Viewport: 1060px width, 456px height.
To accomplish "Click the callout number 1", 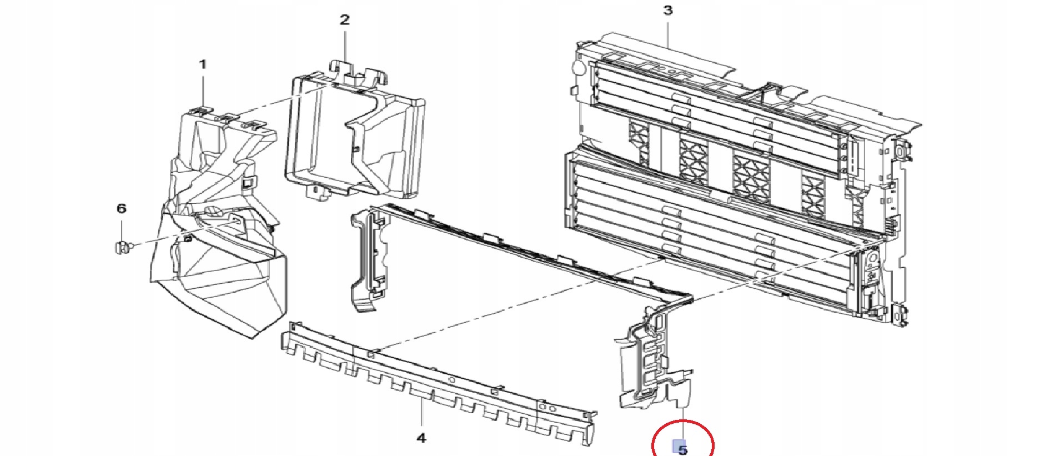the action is [203, 64].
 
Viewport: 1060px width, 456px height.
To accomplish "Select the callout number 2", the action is [345, 20].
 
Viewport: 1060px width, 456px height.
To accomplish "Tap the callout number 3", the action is [668, 10].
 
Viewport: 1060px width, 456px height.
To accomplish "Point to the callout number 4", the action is [421, 438].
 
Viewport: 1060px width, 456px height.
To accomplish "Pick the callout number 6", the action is [122, 208].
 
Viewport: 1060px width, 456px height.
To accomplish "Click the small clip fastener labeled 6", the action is [123, 247].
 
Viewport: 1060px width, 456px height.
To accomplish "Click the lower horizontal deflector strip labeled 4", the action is [439, 383].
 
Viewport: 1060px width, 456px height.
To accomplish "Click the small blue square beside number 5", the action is [677, 446].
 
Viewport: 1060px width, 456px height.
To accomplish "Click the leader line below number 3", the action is [668, 32].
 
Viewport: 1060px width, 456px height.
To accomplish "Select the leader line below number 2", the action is [345, 45].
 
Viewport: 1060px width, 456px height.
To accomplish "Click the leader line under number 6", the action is [122, 228].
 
